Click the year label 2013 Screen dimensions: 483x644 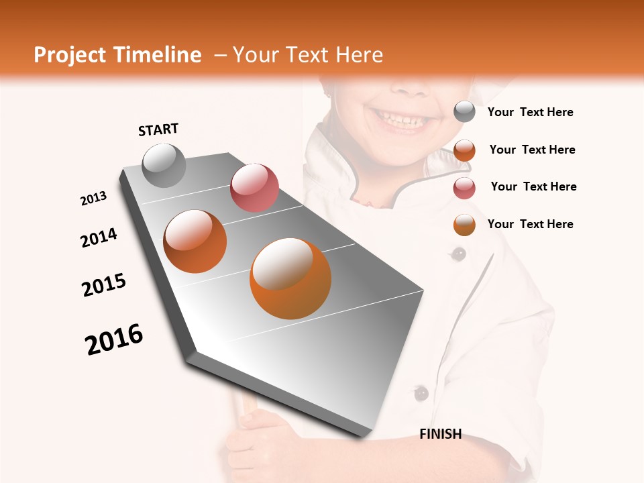coord(94,199)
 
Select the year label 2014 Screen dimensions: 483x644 coord(99,237)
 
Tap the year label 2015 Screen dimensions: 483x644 coord(104,285)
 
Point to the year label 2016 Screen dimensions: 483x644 coord(114,339)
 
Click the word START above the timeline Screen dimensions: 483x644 coord(158,129)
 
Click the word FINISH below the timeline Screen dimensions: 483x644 coord(441,434)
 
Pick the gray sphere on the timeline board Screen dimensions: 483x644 coord(164,165)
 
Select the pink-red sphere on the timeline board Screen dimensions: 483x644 coord(254,187)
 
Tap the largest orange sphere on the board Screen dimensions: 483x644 coord(290,278)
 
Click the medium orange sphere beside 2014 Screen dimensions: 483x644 coord(195,241)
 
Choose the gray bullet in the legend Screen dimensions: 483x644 coord(464,112)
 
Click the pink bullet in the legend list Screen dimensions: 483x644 coord(464,188)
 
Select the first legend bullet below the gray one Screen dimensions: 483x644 coord(464,150)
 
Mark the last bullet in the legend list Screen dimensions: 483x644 coord(464,225)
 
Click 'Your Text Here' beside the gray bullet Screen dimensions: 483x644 coord(531,113)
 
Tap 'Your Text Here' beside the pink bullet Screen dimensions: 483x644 coord(534,186)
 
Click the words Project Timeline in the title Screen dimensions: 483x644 coord(117,55)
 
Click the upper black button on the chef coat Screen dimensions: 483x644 coord(459,254)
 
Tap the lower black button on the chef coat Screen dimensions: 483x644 coord(421,392)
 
